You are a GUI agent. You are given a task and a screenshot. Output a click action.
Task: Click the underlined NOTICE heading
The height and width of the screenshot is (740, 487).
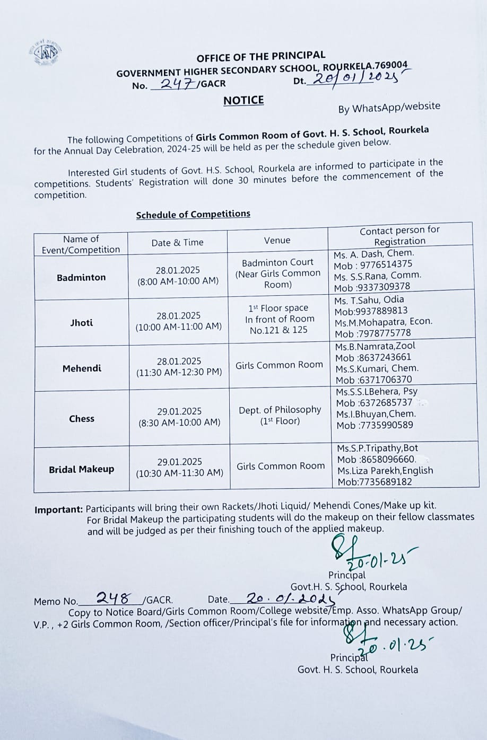pos(243,100)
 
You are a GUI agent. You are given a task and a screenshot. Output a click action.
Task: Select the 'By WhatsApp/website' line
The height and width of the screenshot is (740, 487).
pos(389,107)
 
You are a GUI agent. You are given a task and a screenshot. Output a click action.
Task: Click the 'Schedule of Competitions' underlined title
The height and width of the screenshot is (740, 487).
pos(193,214)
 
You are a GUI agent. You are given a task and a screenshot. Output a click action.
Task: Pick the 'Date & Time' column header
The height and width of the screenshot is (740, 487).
pos(177,242)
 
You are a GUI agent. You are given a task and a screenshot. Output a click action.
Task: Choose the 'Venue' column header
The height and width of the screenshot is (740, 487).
pos(277,240)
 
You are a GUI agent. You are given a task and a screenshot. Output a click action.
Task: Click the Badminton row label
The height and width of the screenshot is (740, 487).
pos(81,277)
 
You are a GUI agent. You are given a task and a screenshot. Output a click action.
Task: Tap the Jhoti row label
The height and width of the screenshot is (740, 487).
pos(81,322)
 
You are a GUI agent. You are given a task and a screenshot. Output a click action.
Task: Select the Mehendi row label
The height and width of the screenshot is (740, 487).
pos(82,368)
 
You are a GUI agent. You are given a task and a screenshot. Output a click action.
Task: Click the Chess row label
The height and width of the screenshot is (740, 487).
pos(82,418)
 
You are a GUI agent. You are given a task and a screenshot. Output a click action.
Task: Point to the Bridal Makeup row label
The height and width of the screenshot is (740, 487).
pos(81,469)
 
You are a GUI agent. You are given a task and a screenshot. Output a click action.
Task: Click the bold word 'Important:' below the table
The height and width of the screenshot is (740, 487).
pos(58,510)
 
